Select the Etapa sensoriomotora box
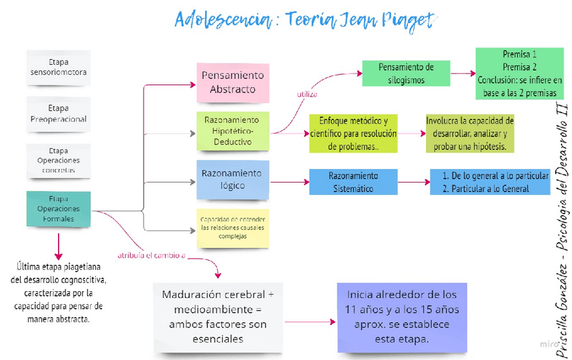tap(58, 67)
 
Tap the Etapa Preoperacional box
tap(58, 114)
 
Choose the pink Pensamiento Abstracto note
tap(233, 82)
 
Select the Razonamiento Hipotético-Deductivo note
tap(232, 130)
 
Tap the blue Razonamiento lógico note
tap(232, 179)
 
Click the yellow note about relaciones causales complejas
tap(232, 228)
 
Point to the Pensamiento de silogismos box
tap(405, 73)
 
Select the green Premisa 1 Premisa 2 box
tap(519, 73)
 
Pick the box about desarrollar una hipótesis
tap(470, 133)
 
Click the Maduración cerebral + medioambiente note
tap(218, 317)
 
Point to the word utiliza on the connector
tap(307, 94)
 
